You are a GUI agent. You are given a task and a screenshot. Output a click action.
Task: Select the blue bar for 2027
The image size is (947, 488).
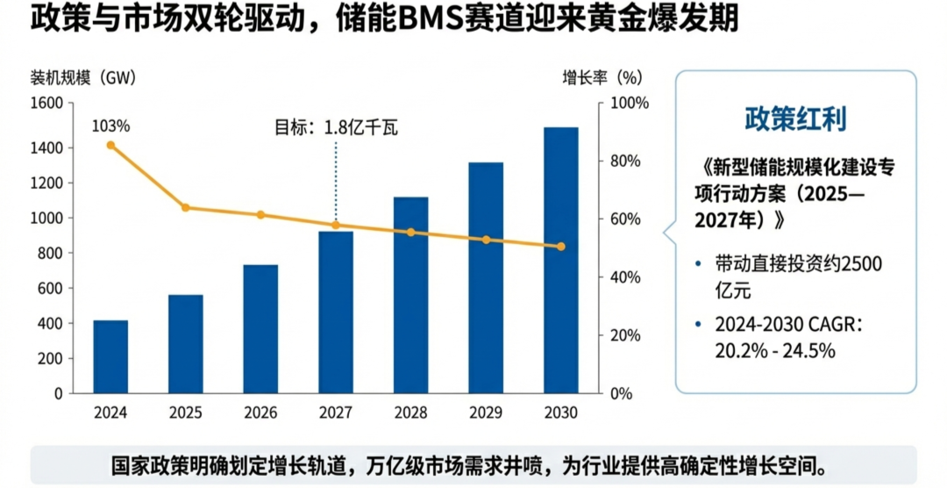click(x=336, y=312)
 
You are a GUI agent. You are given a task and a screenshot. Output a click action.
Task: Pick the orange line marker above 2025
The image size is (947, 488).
click(x=186, y=208)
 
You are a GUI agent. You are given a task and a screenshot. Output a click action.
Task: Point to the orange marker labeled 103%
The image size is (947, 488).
click(x=110, y=145)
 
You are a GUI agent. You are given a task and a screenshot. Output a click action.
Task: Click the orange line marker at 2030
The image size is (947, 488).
click(x=561, y=247)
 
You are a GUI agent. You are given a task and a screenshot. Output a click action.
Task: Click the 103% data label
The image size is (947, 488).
click(x=110, y=126)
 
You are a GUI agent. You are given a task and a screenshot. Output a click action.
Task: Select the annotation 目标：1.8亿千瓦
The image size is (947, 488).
click(x=336, y=127)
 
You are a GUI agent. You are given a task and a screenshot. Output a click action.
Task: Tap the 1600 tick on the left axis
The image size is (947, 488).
click(x=47, y=104)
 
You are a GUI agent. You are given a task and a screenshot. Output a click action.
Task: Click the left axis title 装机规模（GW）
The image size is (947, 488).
click(x=83, y=77)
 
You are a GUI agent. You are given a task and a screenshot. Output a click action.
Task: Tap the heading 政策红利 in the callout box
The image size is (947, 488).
click(x=795, y=119)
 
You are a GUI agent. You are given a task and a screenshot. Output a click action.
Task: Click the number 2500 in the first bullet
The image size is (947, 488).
click(x=861, y=263)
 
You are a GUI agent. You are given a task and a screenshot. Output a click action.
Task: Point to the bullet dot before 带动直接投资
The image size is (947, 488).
click(x=698, y=263)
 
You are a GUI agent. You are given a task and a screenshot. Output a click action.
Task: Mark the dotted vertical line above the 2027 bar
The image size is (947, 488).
click(x=336, y=180)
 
